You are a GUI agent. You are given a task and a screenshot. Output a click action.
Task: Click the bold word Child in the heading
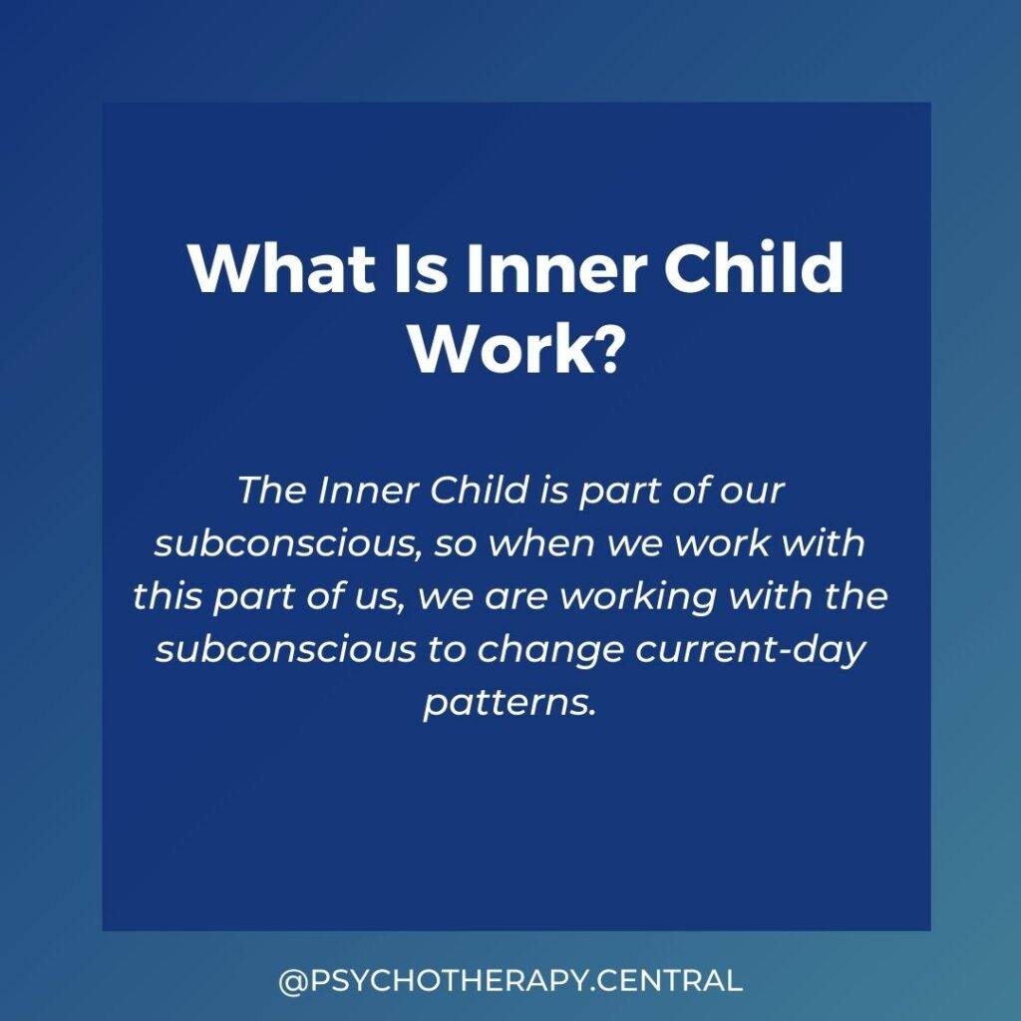754,268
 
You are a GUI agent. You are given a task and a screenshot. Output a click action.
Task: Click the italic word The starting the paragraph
271,491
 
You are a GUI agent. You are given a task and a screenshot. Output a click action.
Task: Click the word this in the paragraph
167,596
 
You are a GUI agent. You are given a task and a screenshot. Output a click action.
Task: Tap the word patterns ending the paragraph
510,705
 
